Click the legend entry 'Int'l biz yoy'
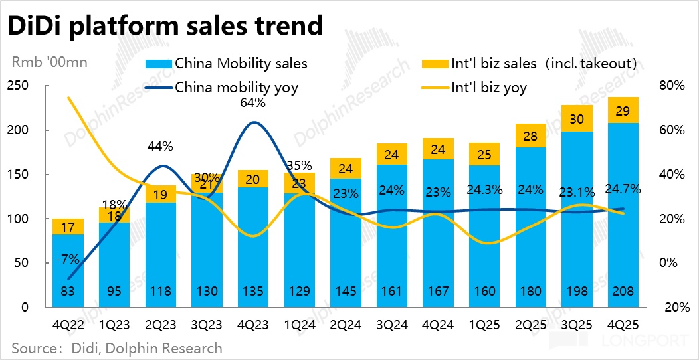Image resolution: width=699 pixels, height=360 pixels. (488, 87)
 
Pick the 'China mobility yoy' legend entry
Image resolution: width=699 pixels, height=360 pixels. (226, 87)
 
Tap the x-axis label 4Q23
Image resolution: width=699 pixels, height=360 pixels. (253, 327)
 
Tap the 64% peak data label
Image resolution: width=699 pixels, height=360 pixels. (253, 103)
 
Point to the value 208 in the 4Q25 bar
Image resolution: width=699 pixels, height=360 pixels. (624, 291)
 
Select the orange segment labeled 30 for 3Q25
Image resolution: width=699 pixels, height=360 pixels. (577, 118)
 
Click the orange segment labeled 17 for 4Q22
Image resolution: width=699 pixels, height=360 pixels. (68, 226)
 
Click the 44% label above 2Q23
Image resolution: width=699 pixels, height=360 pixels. (160, 146)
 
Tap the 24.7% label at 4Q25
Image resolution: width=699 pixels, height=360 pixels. (624, 189)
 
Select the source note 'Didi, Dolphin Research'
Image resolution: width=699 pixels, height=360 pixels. (116, 348)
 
